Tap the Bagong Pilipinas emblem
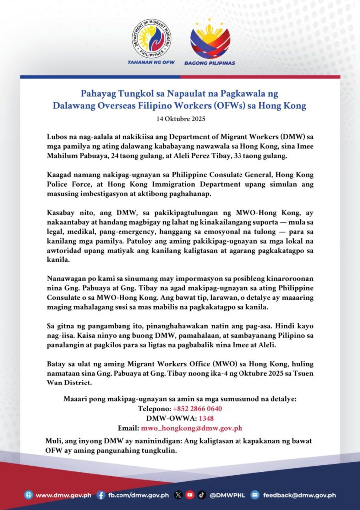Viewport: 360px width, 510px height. point(210,40)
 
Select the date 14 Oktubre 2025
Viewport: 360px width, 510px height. point(180,119)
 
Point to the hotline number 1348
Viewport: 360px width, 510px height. point(206,418)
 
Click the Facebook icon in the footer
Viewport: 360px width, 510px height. point(101,495)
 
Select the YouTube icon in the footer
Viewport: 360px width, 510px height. point(190,495)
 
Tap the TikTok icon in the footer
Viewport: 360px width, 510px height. point(201,495)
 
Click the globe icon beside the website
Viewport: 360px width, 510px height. point(28,495)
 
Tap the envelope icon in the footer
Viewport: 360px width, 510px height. point(255,495)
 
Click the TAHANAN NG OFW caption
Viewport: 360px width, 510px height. point(151,63)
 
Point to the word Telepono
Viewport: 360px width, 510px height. point(153,409)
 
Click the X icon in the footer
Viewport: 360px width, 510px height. point(178,495)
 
